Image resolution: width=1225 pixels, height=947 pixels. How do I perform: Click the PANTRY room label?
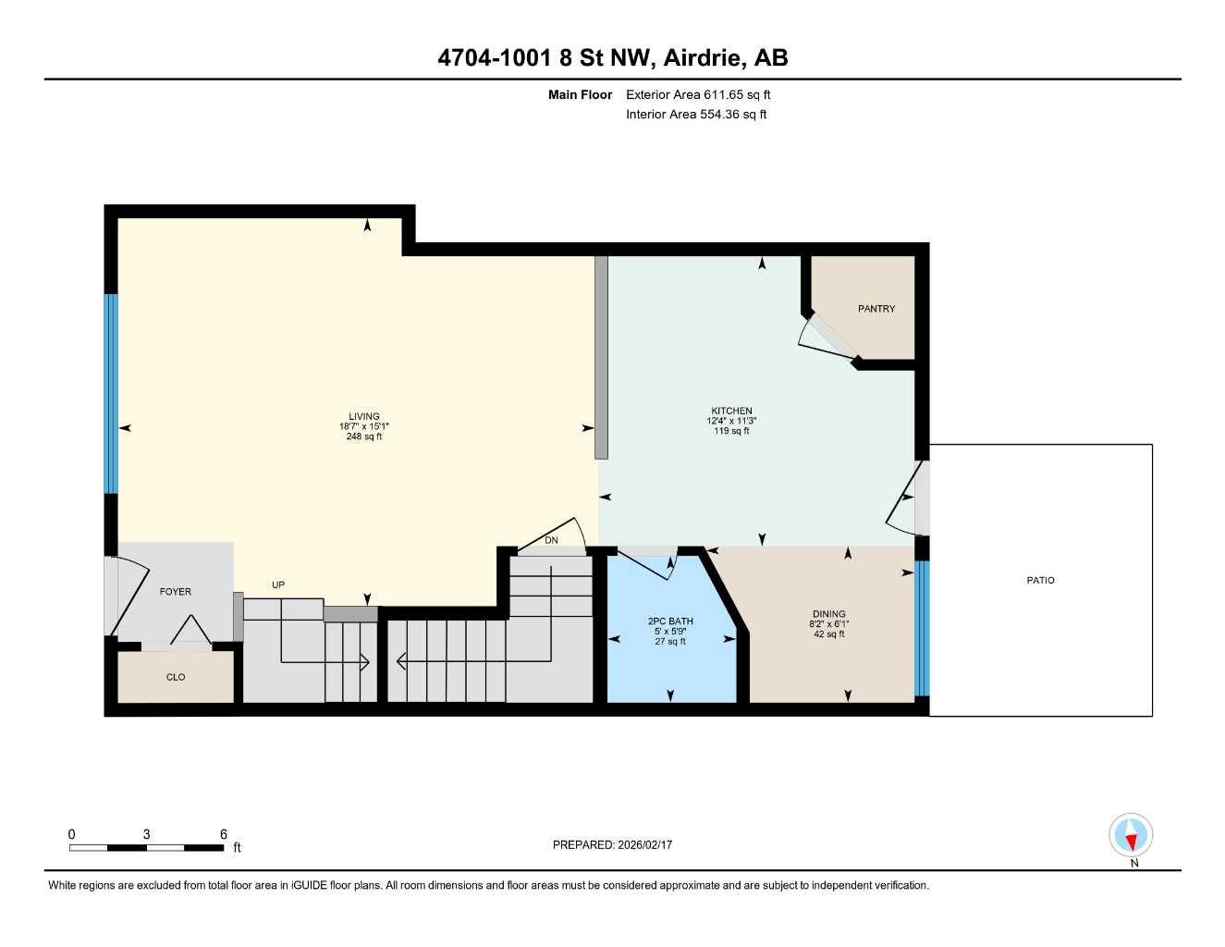876,309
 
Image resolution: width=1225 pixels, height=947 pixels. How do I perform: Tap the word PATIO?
1040,581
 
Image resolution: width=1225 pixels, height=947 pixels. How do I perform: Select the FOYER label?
175,592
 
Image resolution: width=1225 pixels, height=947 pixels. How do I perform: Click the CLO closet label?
176,677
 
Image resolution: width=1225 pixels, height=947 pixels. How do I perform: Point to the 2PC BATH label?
670,621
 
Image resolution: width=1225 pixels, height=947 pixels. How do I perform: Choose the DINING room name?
828,614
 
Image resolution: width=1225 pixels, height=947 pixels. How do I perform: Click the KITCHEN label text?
731,411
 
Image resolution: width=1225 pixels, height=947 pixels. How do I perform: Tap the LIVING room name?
363,416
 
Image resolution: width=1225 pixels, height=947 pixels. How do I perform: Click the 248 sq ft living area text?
363,437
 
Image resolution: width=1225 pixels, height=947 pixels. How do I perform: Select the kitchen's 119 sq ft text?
731,431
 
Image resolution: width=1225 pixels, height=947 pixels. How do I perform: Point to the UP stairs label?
278,584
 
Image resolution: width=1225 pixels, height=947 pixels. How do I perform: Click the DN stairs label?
551,540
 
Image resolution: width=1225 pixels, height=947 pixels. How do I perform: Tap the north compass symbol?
1131,836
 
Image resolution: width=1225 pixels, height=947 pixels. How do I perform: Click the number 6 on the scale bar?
224,834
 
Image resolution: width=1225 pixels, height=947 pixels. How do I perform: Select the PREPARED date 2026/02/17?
612,844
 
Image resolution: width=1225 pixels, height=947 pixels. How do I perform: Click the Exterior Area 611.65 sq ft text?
698,94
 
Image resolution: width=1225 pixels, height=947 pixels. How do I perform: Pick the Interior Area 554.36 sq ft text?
696,115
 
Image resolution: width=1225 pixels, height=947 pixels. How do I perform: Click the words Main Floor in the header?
580,94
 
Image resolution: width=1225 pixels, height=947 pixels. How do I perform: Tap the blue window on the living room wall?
111,394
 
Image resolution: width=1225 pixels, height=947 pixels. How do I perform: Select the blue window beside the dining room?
921,629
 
